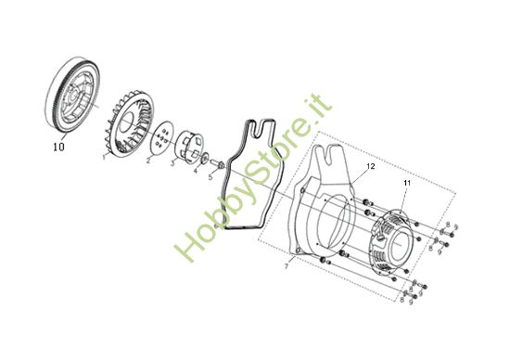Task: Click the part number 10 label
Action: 58,145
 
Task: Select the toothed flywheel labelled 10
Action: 71,97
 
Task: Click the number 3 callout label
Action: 172,164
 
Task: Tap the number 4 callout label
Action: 195,170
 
